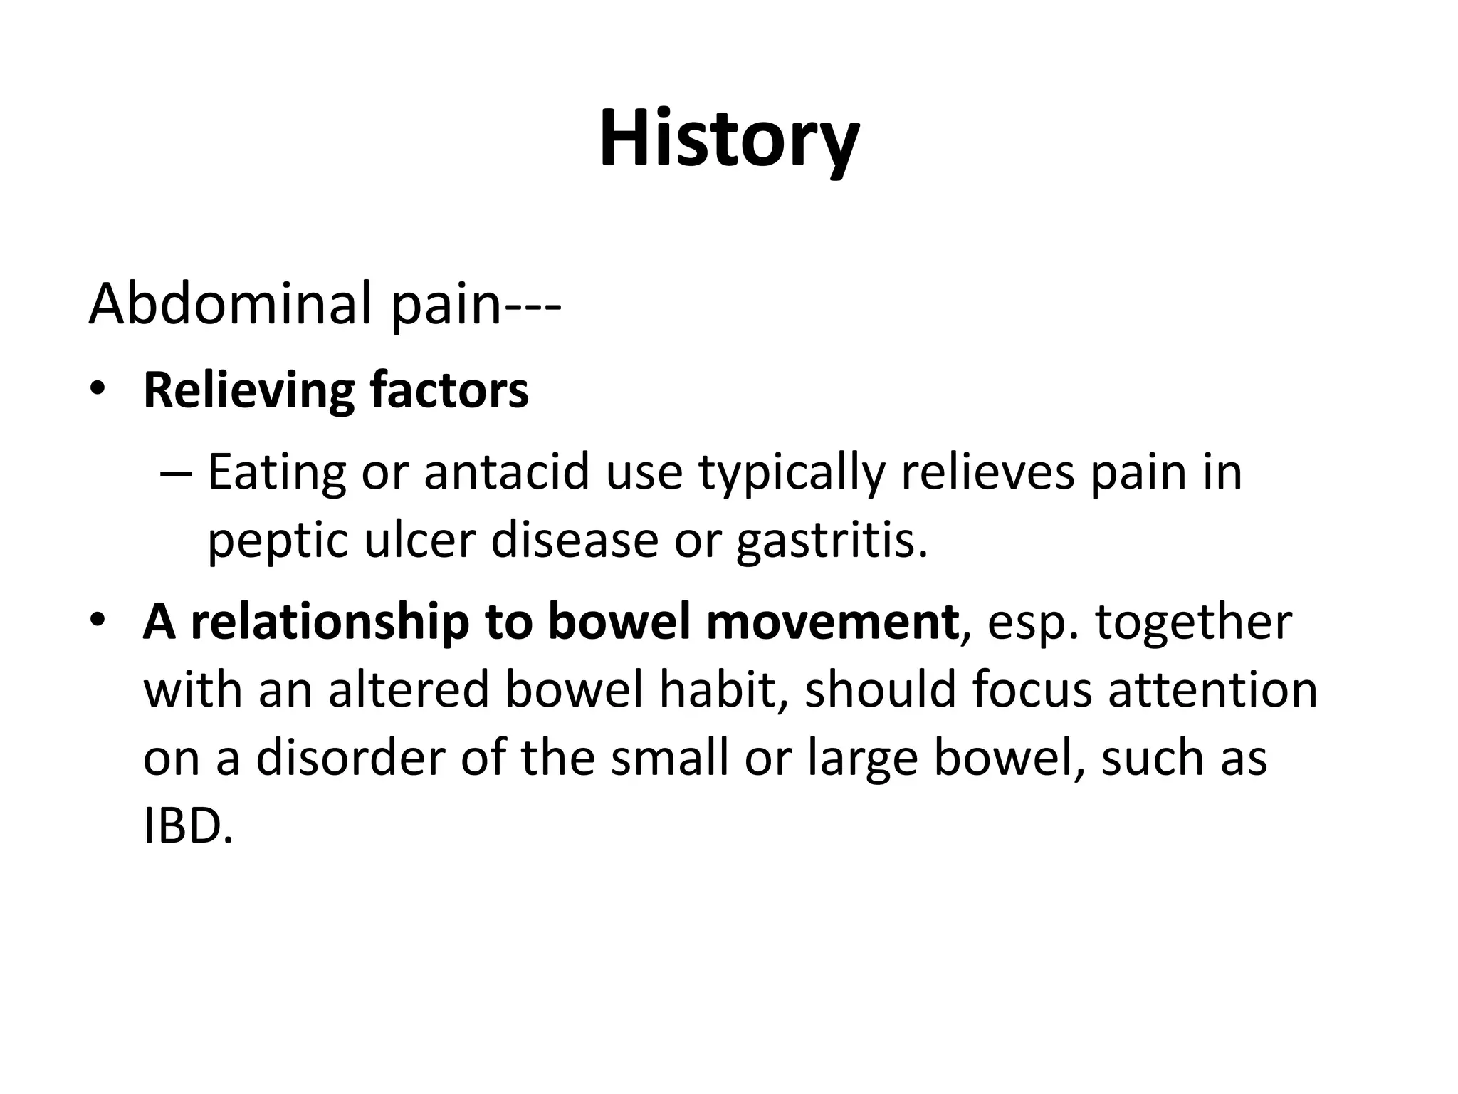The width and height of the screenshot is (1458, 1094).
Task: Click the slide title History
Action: click(729, 138)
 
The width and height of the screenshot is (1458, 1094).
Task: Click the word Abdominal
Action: click(231, 303)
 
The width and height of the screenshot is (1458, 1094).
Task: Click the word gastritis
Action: click(832, 541)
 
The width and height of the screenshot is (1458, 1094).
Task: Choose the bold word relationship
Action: click(330, 622)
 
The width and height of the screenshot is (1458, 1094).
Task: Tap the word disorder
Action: click(350, 757)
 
